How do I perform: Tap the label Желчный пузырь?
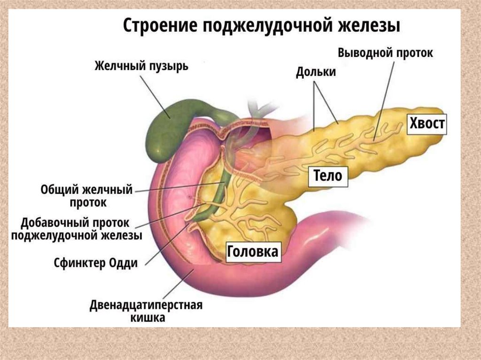141,66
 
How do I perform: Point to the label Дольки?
315,72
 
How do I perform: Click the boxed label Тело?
328,176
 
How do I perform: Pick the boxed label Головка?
253,252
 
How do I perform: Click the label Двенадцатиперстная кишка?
146,312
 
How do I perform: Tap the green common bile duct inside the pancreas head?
217,197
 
